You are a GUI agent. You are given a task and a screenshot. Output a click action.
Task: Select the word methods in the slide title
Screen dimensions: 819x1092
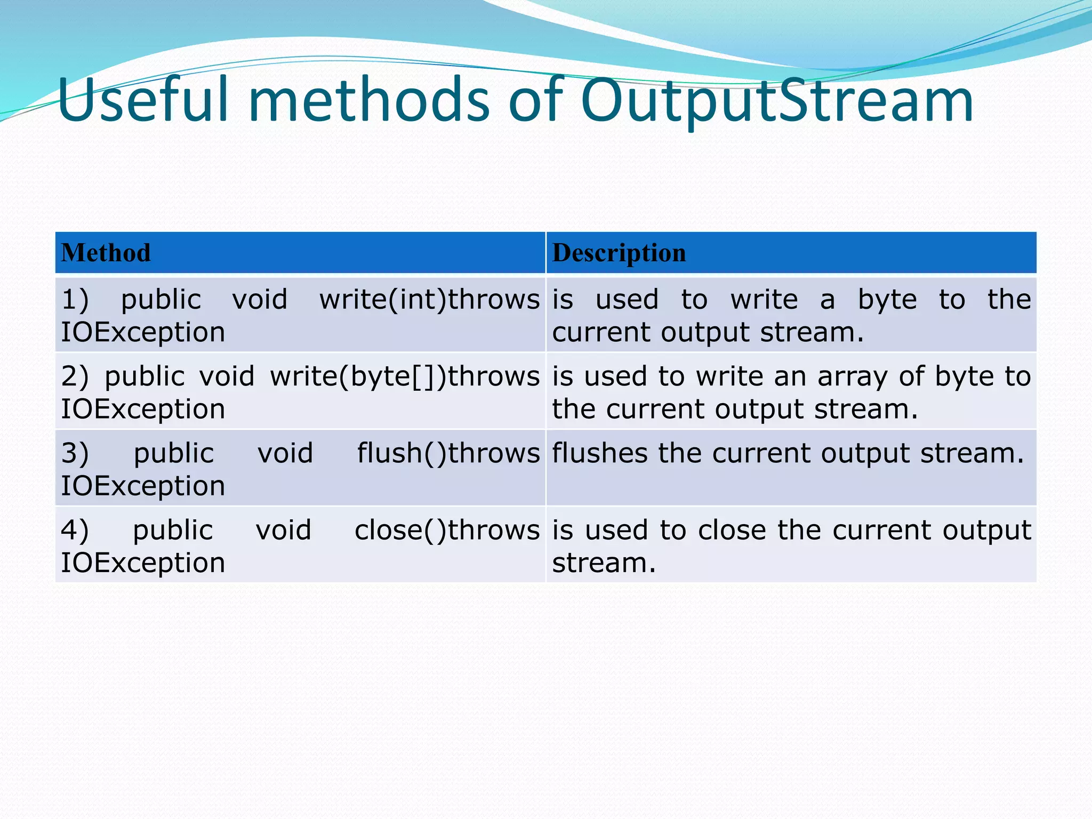pyautogui.click(x=368, y=100)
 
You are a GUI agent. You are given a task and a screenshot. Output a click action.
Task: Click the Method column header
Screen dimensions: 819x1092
pyautogui.click(x=106, y=253)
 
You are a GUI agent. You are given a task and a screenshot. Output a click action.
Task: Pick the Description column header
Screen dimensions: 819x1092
pyautogui.click(x=619, y=253)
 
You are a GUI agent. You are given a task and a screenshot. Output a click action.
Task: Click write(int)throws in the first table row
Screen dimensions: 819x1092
pyautogui.click(x=429, y=299)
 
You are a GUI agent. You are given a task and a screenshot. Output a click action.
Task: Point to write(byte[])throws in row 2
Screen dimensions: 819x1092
pyautogui.click(x=405, y=376)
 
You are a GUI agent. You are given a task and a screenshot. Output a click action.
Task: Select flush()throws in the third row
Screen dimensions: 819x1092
pyautogui.click(x=448, y=453)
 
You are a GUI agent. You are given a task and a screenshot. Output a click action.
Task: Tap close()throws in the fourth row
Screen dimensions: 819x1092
pyautogui.click(x=447, y=530)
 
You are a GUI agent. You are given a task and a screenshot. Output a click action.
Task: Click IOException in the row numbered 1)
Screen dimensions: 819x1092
pyautogui.click(x=143, y=332)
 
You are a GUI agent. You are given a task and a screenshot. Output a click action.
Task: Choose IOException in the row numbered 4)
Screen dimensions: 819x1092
pyautogui.click(x=143, y=563)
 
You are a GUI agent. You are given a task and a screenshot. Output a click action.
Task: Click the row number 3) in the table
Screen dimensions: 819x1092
pyautogui.click(x=75, y=453)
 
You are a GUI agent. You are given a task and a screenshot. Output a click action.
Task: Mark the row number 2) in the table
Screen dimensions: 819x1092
pyautogui.click(x=75, y=376)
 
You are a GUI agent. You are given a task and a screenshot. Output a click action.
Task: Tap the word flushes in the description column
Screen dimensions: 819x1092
pyautogui.click(x=599, y=453)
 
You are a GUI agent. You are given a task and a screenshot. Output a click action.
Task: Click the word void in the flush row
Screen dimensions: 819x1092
pyautogui.click(x=285, y=453)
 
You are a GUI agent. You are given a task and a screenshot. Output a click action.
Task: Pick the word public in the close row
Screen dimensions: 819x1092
pyautogui.click(x=173, y=531)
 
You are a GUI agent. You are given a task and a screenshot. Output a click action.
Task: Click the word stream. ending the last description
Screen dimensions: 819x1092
pyautogui.click(x=604, y=563)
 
